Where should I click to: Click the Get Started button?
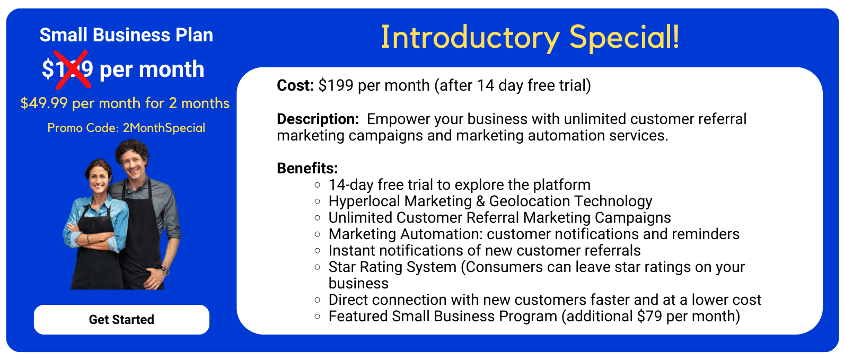pyautogui.click(x=121, y=320)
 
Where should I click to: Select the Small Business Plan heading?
pyautogui.click(x=126, y=35)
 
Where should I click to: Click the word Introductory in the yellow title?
pyautogui.click(x=470, y=38)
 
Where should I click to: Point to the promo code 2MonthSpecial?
pyautogui.click(x=164, y=128)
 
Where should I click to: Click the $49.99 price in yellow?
pyautogui.click(x=44, y=103)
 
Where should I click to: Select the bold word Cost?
pyautogui.click(x=295, y=85)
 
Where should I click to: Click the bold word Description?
pyautogui.click(x=318, y=119)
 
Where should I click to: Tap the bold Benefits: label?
pyautogui.click(x=307, y=168)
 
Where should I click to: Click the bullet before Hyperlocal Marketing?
pyautogui.click(x=317, y=201)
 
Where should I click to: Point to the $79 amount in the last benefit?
pyautogui.click(x=649, y=317)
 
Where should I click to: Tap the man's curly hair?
pyautogui.click(x=132, y=149)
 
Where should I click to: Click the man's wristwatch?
pyautogui.click(x=165, y=270)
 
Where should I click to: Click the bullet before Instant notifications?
pyautogui.click(x=317, y=251)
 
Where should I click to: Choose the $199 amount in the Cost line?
pyautogui.click(x=336, y=85)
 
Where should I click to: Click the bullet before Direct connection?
pyautogui.click(x=317, y=300)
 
